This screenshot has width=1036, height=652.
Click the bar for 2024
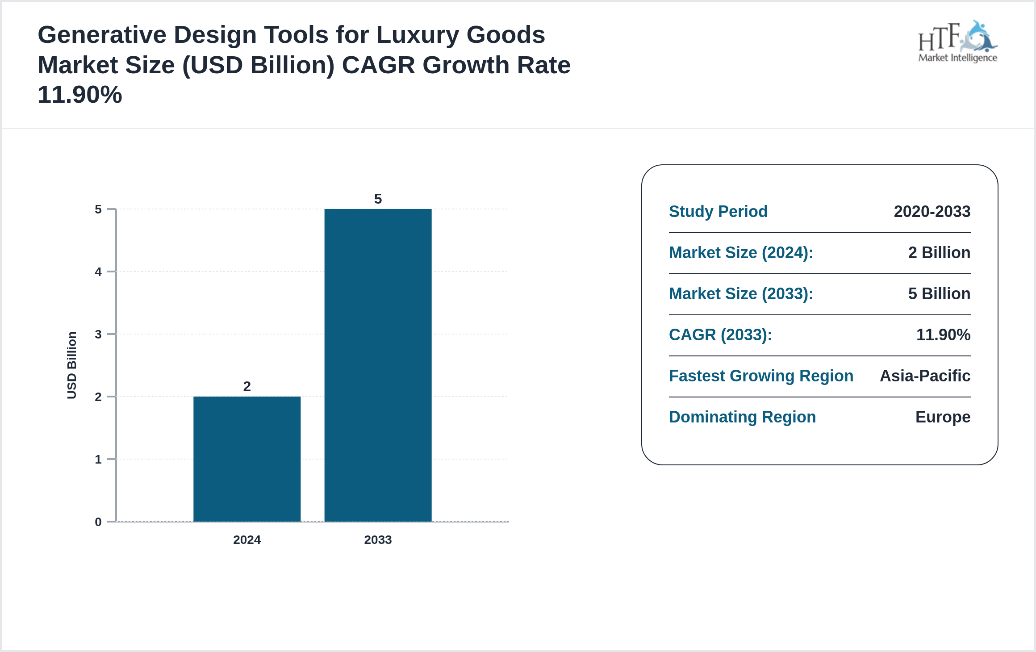[x=247, y=459]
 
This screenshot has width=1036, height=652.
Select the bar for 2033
[x=378, y=365]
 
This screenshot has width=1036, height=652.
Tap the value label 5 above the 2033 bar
[x=378, y=199]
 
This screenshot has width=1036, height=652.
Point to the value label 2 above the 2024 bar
[x=247, y=386]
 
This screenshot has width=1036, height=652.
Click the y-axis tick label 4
[x=98, y=272]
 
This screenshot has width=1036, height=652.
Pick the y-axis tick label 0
[x=98, y=522]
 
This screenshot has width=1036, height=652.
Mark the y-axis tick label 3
[x=98, y=334]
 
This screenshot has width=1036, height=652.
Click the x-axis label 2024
[x=247, y=539]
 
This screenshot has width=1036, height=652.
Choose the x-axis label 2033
[x=378, y=539]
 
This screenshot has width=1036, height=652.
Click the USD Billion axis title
[x=72, y=365]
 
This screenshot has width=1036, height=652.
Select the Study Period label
[x=718, y=211]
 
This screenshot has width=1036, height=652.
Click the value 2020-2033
[x=932, y=211]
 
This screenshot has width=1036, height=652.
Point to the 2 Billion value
[x=939, y=252]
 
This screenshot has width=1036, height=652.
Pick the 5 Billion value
[x=939, y=293]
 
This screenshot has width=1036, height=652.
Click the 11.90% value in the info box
[x=943, y=334]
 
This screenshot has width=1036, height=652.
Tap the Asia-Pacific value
[x=925, y=376]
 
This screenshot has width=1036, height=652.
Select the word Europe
[x=943, y=417]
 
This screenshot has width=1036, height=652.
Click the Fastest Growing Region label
[x=761, y=376]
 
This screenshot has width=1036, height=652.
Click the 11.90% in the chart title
[x=80, y=95]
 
